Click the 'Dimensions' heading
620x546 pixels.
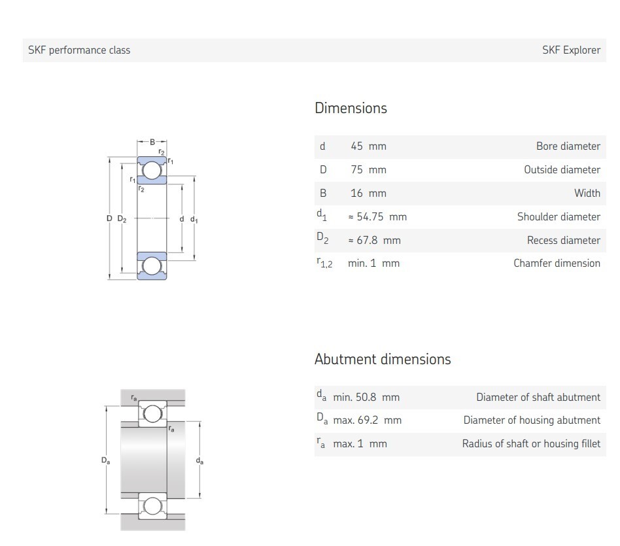point(351,108)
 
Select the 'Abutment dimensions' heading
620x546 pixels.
point(383,359)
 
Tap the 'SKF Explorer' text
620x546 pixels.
point(571,50)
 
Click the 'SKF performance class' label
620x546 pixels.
point(79,50)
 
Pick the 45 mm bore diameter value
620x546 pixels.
point(368,146)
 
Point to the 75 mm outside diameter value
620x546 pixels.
point(368,169)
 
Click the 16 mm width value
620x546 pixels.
point(368,193)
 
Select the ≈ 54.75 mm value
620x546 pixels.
point(377,216)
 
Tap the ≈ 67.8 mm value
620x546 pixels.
point(374,240)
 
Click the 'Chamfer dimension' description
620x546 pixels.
point(557,263)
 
